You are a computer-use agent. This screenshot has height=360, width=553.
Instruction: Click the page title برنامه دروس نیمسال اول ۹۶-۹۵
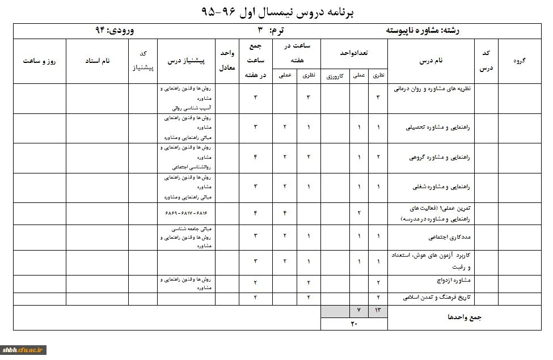[277, 11]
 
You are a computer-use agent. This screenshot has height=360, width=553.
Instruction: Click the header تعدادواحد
[354, 52]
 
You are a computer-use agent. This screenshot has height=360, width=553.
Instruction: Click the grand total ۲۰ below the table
[354, 324]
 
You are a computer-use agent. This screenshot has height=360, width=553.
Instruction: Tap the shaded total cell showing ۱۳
[378, 311]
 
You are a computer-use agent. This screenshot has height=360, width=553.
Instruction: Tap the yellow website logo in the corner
[24, 350]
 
